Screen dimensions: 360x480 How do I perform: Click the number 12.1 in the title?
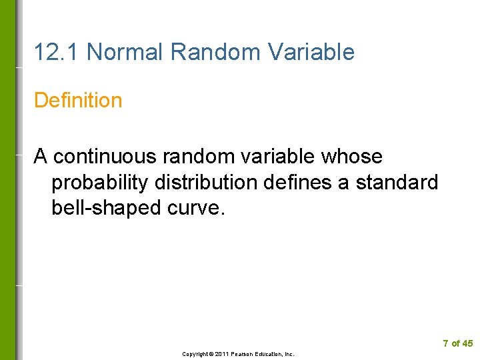point(57,51)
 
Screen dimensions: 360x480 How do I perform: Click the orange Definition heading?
point(78,101)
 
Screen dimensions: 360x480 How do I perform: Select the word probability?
point(97,182)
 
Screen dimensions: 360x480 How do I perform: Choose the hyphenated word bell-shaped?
point(104,208)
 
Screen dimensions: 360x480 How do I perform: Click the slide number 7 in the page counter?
point(445,344)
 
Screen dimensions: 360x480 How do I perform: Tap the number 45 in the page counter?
point(467,344)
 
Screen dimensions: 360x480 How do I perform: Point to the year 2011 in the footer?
point(221,354)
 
